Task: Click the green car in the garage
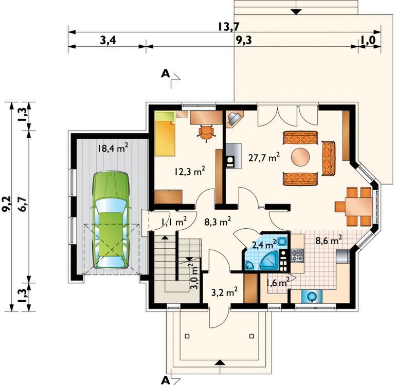tap(111, 221)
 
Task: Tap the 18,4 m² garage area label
tap(113, 148)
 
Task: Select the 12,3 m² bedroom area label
tap(190, 172)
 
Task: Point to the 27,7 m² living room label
tap(264, 158)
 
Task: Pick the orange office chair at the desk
tap(207, 133)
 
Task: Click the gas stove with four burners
tap(297, 255)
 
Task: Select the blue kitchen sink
tap(312, 297)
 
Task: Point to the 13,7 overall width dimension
tap(228, 26)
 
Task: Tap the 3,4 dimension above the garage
tap(108, 40)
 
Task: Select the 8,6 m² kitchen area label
tap(329, 241)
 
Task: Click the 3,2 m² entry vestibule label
tap(224, 293)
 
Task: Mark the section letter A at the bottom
tap(165, 380)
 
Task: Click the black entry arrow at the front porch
tap(221, 362)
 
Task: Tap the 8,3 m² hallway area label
tap(218, 222)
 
